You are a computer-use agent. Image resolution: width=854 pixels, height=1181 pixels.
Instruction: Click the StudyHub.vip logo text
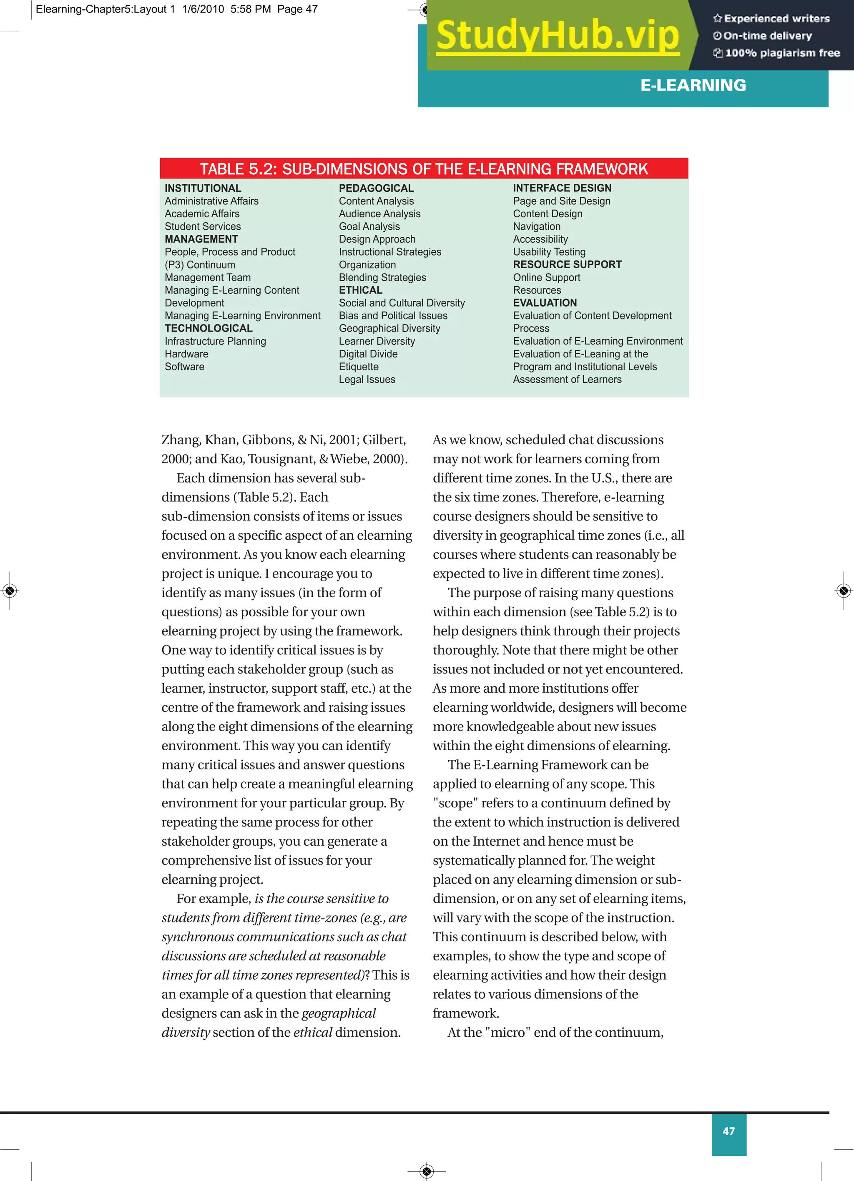click(x=558, y=35)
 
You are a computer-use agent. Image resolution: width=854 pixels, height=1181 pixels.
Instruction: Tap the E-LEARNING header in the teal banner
click(x=693, y=85)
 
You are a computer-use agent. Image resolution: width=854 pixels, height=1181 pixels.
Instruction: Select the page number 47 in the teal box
click(x=728, y=1131)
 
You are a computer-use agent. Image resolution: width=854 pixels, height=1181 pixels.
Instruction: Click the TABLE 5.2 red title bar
click(x=424, y=169)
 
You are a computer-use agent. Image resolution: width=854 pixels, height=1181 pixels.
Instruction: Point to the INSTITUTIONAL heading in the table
click(x=203, y=188)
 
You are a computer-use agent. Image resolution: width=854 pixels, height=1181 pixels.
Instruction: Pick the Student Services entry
click(x=203, y=226)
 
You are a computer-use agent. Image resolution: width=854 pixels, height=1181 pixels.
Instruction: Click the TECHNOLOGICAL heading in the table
click(x=208, y=328)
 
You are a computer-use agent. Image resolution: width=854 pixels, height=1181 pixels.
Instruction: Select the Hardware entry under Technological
click(x=186, y=354)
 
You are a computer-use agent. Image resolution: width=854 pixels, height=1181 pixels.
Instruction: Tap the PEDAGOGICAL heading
click(x=376, y=188)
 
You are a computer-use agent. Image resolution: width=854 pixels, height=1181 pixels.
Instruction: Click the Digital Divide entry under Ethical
click(x=368, y=354)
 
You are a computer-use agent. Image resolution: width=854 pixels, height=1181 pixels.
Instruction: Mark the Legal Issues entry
click(x=367, y=379)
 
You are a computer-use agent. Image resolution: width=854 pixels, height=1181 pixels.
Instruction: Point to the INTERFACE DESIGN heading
click(x=562, y=188)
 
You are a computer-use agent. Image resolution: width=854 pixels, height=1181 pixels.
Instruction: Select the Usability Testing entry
click(x=549, y=252)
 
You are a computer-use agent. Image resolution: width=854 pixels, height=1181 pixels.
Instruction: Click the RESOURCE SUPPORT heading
click(x=567, y=264)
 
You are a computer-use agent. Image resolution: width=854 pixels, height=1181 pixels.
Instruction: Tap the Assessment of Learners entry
click(x=567, y=379)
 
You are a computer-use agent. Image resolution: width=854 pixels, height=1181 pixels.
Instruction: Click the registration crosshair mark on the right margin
click(x=844, y=590)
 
